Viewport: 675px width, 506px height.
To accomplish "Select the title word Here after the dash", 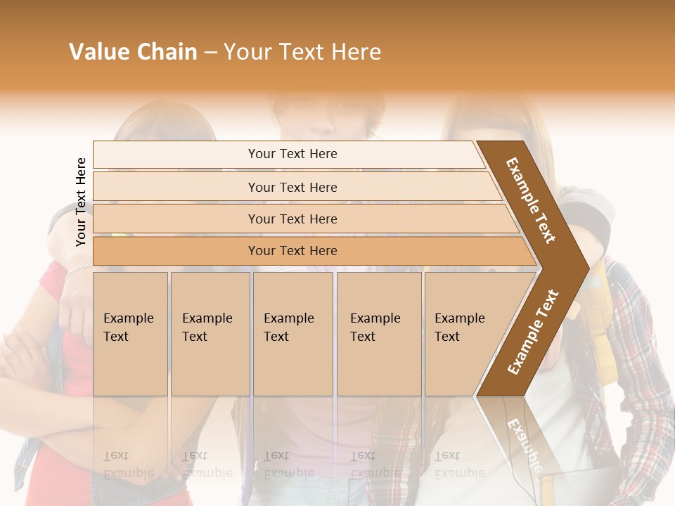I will pos(356,52).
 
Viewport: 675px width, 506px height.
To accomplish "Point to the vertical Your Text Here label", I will pos(81,202).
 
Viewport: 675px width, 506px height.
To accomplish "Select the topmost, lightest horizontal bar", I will pos(288,155).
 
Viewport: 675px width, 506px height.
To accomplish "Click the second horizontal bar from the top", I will pos(292,187).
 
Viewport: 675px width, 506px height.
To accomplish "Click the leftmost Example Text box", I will pos(130,334).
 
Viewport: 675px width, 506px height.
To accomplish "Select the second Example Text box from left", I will pos(210,334).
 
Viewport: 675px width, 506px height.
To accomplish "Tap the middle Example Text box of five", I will pos(292,334).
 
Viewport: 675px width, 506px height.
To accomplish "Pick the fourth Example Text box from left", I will pos(379,334).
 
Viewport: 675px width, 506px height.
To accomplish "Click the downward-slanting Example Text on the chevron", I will pos(531,200).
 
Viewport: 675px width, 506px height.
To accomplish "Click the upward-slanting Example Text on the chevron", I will pos(532,332).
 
